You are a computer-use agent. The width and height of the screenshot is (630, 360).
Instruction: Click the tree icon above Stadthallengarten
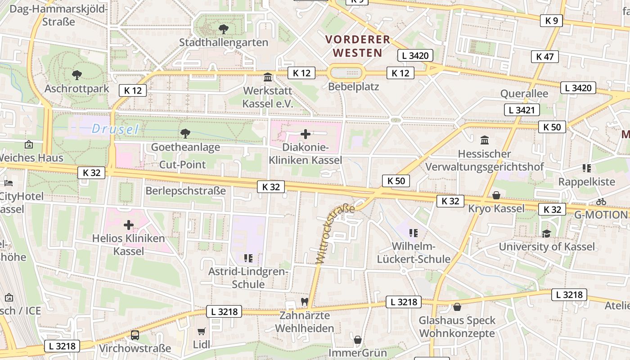(223, 29)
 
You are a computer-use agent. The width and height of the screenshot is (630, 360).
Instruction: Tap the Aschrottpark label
(76, 88)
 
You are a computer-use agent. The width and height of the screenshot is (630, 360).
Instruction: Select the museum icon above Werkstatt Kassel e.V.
(268, 77)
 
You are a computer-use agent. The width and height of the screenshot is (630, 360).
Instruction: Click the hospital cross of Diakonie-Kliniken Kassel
(306, 134)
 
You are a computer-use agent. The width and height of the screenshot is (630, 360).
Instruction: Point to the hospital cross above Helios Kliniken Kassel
(129, 225)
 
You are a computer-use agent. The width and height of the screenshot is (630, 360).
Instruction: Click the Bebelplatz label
(354, 86)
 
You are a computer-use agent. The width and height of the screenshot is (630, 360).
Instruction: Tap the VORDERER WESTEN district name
(358, 46)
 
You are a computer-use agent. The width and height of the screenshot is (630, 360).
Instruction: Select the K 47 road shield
(544, 56)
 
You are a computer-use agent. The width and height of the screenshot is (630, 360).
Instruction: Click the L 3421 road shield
(522, 109)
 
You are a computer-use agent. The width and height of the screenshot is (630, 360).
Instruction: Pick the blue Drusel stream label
(115, 129)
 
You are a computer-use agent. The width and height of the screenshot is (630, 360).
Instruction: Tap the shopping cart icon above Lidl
(201, 331)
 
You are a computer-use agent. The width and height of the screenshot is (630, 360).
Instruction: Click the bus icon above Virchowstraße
(135, 335)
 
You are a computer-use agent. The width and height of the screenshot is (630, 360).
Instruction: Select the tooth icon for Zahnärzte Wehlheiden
(305, 302)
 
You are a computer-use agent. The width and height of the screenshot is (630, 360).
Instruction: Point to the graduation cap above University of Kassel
(546, 234)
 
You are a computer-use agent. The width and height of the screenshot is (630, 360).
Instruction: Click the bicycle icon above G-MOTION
(601, 202)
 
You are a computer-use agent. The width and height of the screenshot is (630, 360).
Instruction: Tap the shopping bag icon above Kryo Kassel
(496, 195)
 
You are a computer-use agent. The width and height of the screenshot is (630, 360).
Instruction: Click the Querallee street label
(524, 94)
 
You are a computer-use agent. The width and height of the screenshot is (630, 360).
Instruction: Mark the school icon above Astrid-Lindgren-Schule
(248, 258)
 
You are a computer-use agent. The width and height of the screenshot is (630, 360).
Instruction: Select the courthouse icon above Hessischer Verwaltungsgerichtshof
(485, 140)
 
